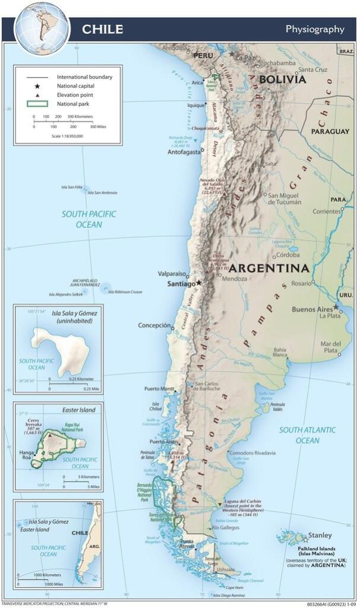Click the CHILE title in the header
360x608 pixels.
(x=103, y=29)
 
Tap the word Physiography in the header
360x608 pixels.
(x=315, y=29)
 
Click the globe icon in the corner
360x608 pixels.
(x=42, y=27)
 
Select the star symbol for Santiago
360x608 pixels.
(x=199, y=282)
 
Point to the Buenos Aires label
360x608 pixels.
(x=311, y=309)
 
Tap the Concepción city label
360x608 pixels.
(x=154, y=325)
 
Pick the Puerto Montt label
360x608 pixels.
(x=159, y=389)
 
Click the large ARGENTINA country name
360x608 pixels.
(x=270, y=268)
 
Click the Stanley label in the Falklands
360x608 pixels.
(x=320, y=535)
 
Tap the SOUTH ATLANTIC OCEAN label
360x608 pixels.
(x=307, y=435)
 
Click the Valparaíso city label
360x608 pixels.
(x=172, y=274)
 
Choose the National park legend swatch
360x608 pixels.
(x=37, y=104)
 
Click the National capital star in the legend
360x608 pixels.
(x=37, y=86)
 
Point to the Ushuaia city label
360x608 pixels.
(x=226, y=569)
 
